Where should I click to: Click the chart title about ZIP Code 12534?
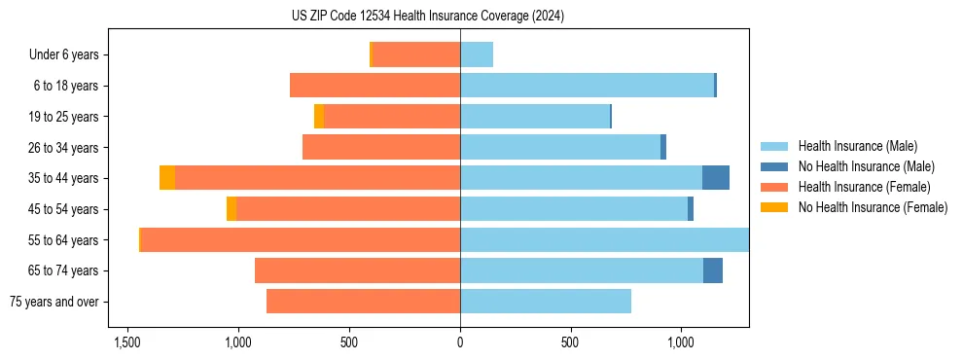[427, 17]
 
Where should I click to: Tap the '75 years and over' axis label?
[54, 302]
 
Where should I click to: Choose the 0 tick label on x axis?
[460, 342]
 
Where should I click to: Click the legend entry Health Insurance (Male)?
[856, 146]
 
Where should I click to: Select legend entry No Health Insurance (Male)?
[866, 166]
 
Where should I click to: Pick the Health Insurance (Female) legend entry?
[864, 187]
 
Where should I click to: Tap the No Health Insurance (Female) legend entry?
[873, 207]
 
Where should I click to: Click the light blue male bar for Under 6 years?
[477, 55]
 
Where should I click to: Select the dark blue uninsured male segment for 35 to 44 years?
[716, 178]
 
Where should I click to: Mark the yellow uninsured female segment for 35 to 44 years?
[167, 178]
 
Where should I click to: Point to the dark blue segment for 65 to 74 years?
[713, 270]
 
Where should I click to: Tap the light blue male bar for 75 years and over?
[546, 302]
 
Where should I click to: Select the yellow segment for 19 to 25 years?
[319, 117]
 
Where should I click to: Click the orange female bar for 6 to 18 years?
[374, 86]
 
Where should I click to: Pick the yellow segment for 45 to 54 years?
[232, 209]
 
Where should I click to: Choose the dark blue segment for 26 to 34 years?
[663, 148]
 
